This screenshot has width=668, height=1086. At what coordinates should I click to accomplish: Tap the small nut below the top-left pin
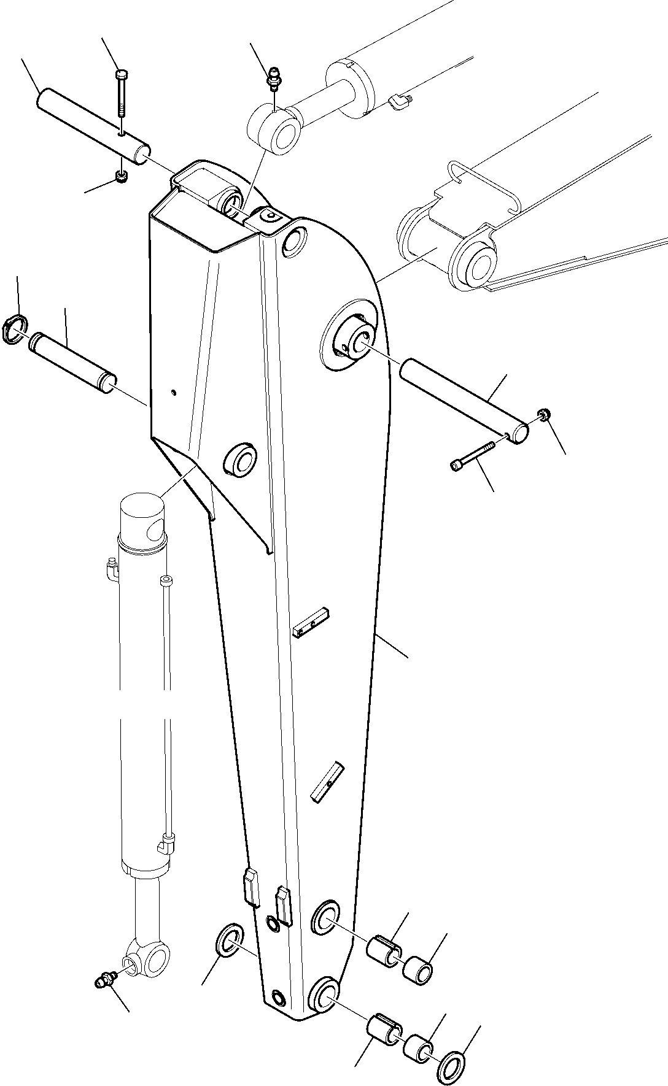click(x=122, y=178)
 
